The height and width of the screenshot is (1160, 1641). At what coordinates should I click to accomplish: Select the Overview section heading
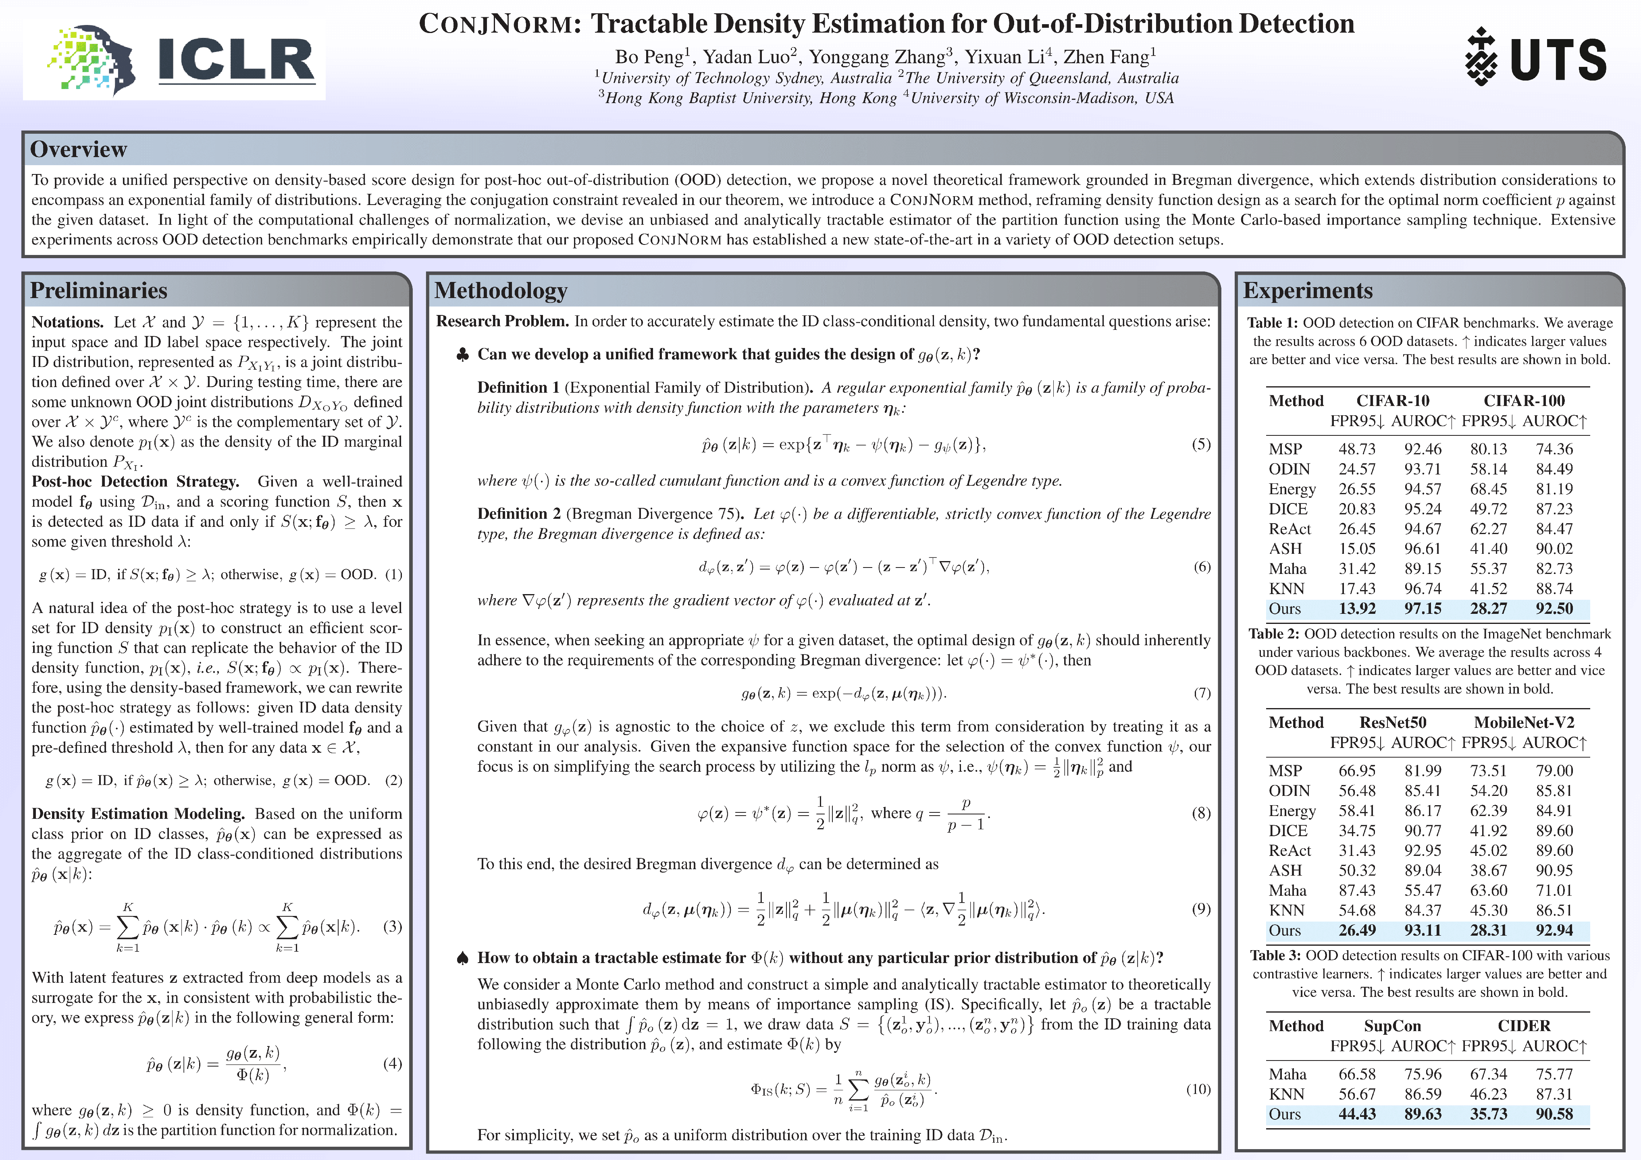pyautogui.click(x=79, y=149)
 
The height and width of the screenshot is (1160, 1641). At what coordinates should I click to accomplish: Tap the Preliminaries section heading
pyautogui.click(x=99, y=291)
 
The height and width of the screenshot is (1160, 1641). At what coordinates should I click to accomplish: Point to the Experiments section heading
pyautogui.click(x=1308, y=291)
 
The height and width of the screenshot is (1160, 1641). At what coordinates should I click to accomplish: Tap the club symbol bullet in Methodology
pyautogui.click(x=462, y=355)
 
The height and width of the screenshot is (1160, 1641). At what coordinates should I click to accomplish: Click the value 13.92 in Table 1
pyautogui.click(x=1357, y=609)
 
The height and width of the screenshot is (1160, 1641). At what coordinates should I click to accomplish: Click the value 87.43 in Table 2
pyautogui.click(x=1357, y=890)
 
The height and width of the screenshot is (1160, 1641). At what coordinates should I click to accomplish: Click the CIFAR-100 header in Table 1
pyautogui.click(x=1524, y=401)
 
